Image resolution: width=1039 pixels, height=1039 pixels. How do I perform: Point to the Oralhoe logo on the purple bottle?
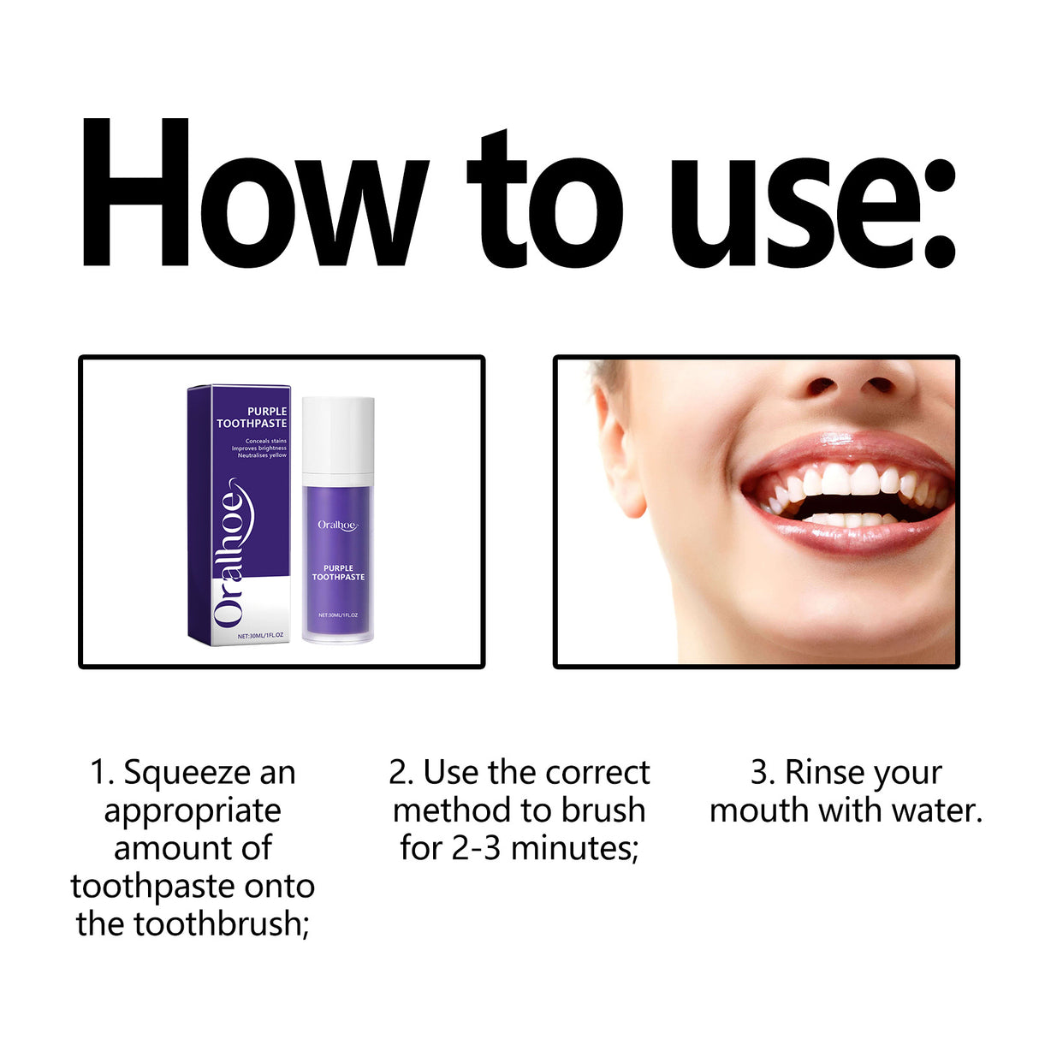coord(338,525)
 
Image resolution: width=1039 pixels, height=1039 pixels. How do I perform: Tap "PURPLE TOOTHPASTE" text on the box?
coord(252,418)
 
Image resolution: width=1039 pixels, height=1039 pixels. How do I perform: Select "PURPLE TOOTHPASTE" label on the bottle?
coord(338,573)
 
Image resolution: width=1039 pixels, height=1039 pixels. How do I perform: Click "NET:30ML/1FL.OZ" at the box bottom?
coord(260,636)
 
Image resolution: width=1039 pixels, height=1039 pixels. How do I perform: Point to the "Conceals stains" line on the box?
coord(265,441)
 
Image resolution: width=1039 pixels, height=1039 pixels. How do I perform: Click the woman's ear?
coord(617,445)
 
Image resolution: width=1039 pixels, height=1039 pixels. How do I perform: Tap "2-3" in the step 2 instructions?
coord(476,848)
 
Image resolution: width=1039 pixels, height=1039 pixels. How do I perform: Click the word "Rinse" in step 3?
coord(822,773)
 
